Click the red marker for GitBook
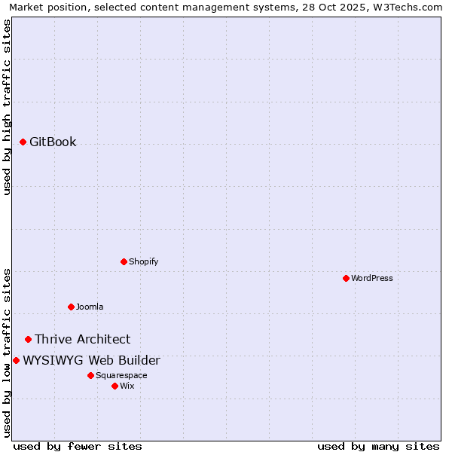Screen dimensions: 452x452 (23, 142)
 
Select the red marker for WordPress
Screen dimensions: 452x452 (346, 278)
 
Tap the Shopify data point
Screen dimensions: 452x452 (124, 261)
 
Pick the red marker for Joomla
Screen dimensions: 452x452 (71, 307)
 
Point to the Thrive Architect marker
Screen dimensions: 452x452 (28, 339)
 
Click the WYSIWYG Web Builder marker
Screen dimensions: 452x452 (16, 360)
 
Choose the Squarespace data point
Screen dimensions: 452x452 (90, 375)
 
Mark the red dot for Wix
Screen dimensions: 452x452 (115, 386)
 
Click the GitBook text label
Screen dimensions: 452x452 (53, 142)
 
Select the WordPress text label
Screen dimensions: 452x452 (372, 278)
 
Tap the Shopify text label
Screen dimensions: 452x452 (143, 261)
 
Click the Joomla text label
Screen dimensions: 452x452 (90, 307)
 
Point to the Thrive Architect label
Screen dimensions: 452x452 (82, 339)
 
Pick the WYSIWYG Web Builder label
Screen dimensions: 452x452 (91, 360)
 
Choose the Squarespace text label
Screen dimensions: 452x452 (121, 375)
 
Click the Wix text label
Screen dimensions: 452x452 (127, 386)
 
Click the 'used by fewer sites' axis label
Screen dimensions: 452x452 (78, 446)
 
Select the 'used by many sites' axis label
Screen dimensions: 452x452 (378, 446)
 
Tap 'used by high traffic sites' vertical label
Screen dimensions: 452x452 (7, 108)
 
